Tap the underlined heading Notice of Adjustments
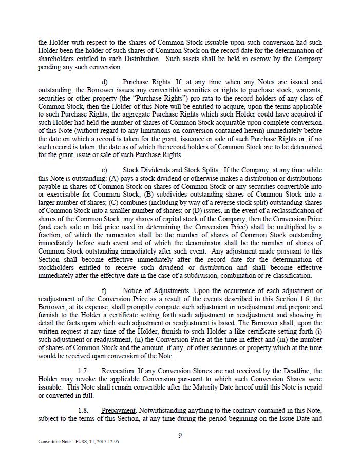[x=156, y=291]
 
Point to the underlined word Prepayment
[x=118, y=411]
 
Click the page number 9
[x=180, y=436]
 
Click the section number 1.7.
[x=83, y=371]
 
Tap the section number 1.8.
[x=83, y=411]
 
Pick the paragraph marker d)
[x=105, y=82]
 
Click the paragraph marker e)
[x=105, y=170]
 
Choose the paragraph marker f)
[x=104, y=291]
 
